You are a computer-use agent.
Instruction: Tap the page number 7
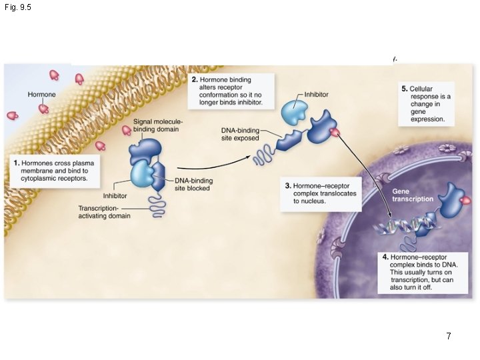(x=449, y=337)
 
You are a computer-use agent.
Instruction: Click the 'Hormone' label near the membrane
(x=41, y=95)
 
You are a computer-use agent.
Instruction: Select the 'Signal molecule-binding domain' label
(x=158, y=125)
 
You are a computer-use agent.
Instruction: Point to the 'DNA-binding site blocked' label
(x=192, y=185)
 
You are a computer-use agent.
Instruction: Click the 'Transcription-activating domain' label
(x=104, y=211)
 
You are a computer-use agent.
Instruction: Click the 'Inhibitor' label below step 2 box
(x=316, y=95)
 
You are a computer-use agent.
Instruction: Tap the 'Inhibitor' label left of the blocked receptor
(x=115, y=196)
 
